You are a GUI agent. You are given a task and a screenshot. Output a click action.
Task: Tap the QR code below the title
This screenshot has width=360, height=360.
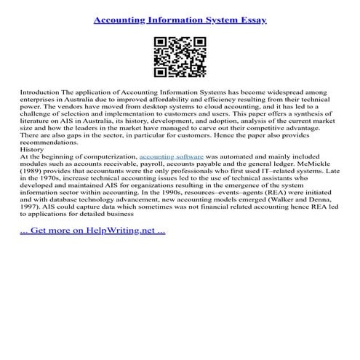(x=180, y=57)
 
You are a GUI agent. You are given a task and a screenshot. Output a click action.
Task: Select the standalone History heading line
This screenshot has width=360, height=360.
(x=33, y=151)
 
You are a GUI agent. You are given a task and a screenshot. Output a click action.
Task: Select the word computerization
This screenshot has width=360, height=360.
(x=107, y=156)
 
